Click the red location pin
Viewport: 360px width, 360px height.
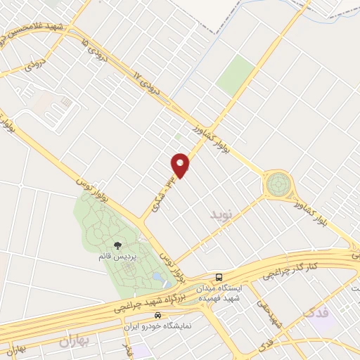(181, 165)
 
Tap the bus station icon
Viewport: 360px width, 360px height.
(219, 276)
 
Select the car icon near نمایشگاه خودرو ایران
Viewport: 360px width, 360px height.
(160, 315)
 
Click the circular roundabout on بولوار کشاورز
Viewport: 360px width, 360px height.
(278, 184)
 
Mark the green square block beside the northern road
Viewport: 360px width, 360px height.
(236, 76)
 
